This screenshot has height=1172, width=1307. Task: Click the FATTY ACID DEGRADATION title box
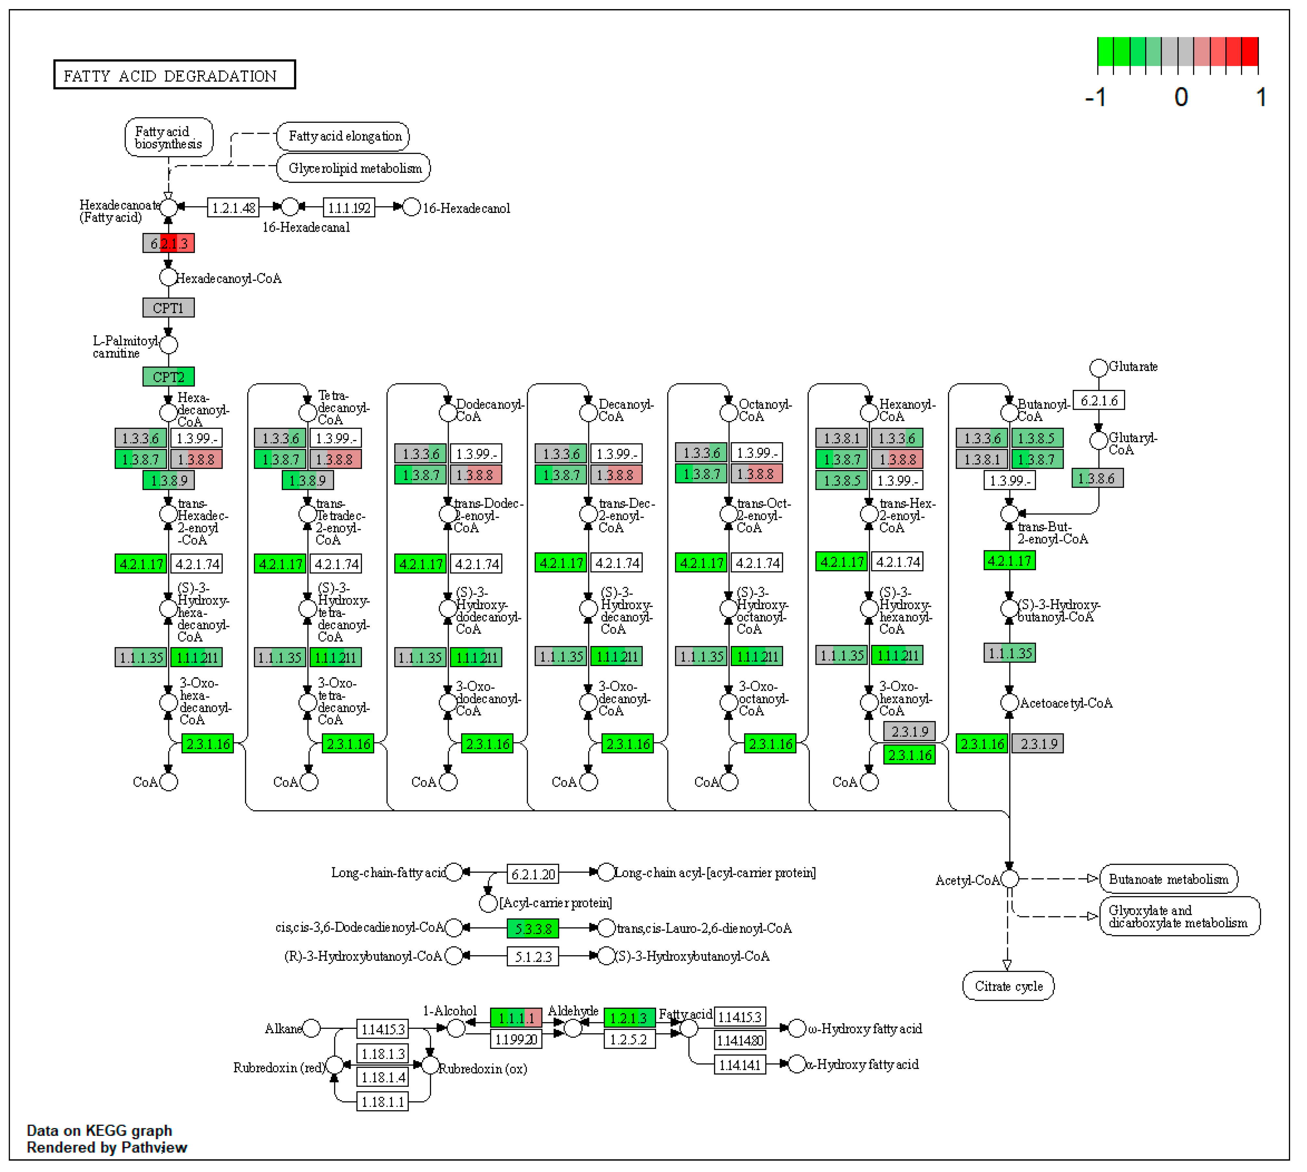(x=175, y=75)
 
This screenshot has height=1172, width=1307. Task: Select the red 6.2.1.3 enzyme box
(x=169, y=243)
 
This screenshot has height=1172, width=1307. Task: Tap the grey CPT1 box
(x=169, y=308)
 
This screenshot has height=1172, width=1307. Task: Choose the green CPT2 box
(x=169, y=377)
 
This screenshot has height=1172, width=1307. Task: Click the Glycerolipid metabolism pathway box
(x=354, y=168)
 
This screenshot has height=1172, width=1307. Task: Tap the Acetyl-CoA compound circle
(x=1009, y=879)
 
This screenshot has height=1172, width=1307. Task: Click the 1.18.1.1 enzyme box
(x=382, y=1102)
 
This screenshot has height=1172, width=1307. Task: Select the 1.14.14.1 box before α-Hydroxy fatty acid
(x=740, y=1065)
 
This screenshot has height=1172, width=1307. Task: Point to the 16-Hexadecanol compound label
(x=466, y=209)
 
